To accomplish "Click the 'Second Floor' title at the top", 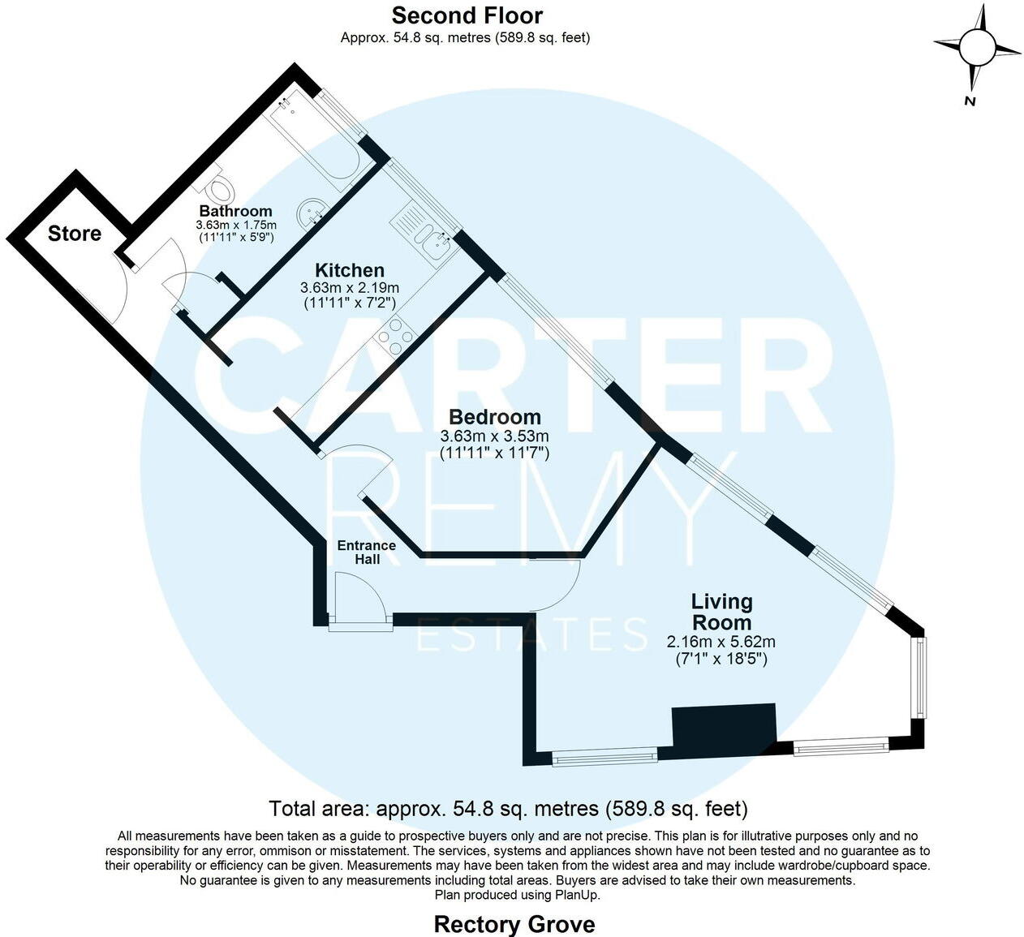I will point(467,15).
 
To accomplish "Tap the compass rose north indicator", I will point(976,47).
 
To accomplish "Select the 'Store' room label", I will point(75,234).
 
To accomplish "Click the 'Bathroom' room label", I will point(235,211).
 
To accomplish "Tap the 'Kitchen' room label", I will point(350,270).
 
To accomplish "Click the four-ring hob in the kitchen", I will point(394,336).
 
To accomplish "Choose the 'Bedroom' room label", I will point(494,417).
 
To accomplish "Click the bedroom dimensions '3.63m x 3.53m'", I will point(494,436).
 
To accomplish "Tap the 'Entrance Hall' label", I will point(367,552).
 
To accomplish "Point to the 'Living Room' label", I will point(721,612).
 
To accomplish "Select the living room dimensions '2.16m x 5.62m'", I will point(721,642).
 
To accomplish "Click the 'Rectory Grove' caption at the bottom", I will point(514,924).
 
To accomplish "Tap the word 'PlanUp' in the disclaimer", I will point(577,895).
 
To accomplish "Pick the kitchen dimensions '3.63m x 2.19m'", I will point(350,288).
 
